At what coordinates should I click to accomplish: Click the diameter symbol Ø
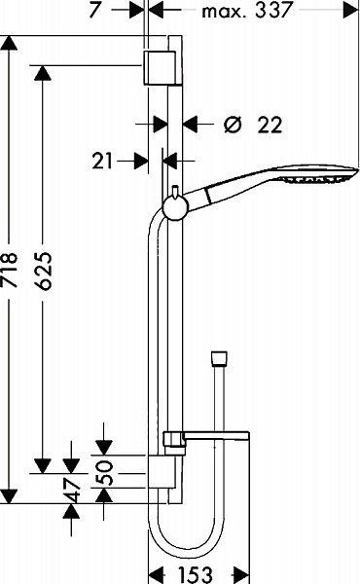(x=233, y=124)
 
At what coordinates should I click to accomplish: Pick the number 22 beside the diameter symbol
(x=271, y=124)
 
